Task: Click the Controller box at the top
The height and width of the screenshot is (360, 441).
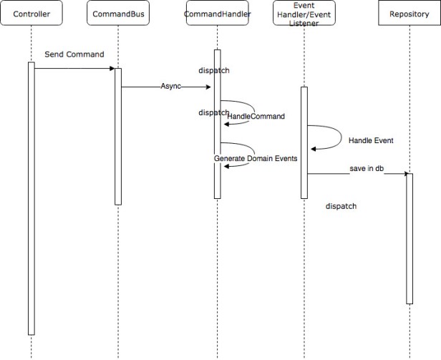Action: pyautogui.click(x=32, y=14)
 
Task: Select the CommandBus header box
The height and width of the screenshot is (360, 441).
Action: pyautogui.click(x=117, y=14)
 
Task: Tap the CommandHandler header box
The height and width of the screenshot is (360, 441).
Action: pyautogui.click(x=217, y=14)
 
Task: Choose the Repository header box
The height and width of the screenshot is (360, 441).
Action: pyautogui.click(x=409, y=14)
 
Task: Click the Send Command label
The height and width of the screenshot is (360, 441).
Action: pyautogui.click(x=74, y=54)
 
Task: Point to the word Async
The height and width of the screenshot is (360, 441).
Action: pyautogui.click(x=171, y=87)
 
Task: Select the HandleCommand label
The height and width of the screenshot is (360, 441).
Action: pyautogui.click(x=256, y=116)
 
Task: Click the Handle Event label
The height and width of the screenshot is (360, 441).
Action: pyautogui.click(x=371, y=140)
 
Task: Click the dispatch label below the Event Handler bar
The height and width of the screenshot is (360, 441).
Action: pyautogui.click(x=341, y=206)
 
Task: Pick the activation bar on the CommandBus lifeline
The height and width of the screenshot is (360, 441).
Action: pyautogui.click(x=118, y=136)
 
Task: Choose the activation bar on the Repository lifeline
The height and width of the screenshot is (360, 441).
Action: pyautogui.click(x=409, y=238)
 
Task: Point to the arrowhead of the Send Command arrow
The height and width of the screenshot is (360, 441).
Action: pyautogui.click(x=112, y=69)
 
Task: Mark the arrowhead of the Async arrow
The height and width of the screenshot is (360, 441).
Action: pyautogui.click(x=208, y=87)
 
